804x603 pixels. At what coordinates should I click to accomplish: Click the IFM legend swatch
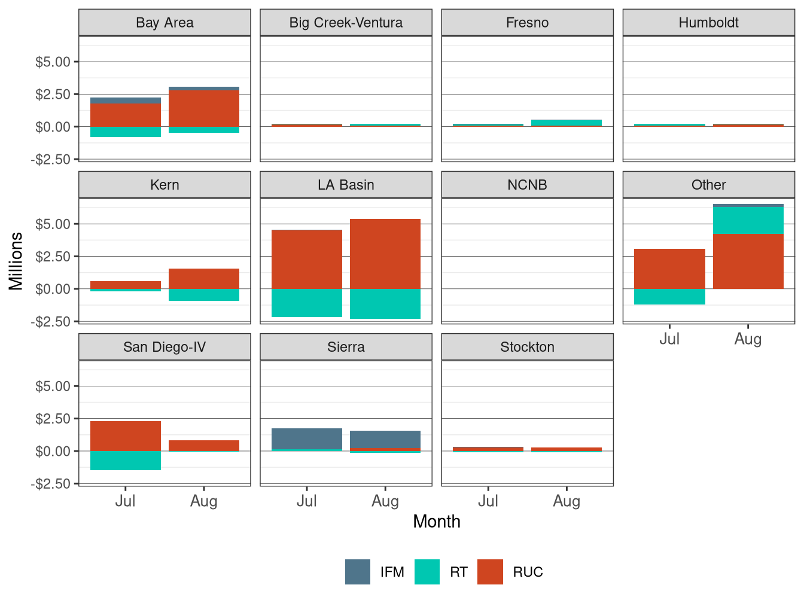[358, 572]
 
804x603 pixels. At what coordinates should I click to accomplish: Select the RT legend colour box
[427, 572]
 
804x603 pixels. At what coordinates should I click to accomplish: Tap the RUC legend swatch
[490, 572]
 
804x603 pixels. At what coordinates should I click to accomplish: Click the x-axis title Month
[437, 522]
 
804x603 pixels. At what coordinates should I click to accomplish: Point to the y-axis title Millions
[16, 261]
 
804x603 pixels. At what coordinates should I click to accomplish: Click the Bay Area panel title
[165, 23]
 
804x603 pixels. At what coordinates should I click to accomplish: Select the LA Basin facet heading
[346, 185]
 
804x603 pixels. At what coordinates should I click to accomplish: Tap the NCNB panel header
[527, 185]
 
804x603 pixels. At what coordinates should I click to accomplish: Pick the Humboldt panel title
[708, 23]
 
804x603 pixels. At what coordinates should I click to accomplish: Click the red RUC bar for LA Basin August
[385, 254]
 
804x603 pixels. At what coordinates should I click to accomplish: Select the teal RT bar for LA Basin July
[307, 303]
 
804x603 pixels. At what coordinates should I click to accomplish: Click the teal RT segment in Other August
[748, 220]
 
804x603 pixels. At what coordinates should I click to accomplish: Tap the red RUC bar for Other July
[669, 269]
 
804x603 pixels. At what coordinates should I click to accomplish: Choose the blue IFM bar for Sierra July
[307, 438]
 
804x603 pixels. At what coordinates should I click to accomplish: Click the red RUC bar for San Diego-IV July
[126, 436]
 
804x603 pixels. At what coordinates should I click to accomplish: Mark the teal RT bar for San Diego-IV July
[126, 461]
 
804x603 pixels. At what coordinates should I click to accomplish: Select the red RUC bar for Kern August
[204, 279]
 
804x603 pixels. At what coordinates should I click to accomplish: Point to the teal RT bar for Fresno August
[567, 123]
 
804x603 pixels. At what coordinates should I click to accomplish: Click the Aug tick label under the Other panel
[748, 339]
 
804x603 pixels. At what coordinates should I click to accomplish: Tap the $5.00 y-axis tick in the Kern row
[53, 224]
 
